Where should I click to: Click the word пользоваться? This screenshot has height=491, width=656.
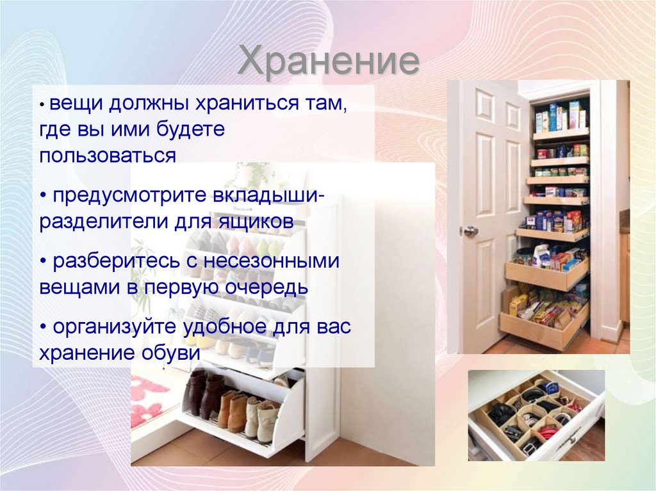pyautogui.click(x=108, y=155)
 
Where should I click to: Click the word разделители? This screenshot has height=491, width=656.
pyautogui.click(x=102, y=222)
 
